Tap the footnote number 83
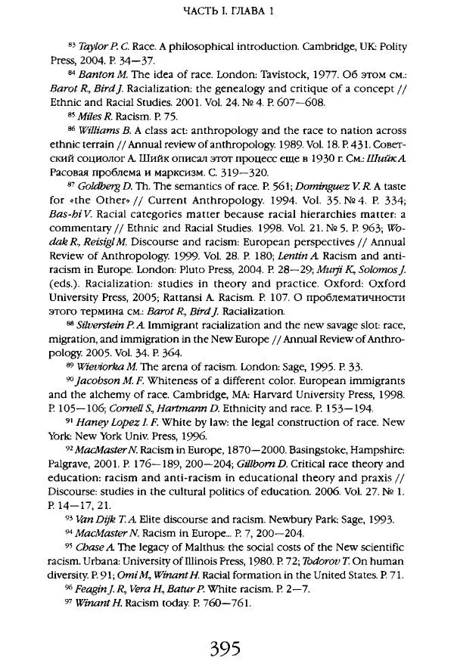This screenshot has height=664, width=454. pos(72,45)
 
